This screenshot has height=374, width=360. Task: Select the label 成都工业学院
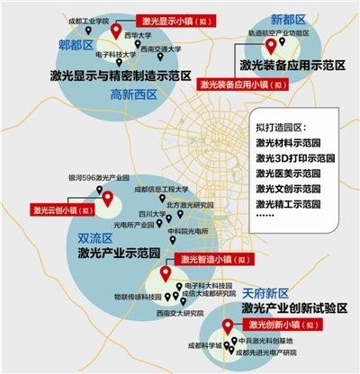(x=88, y=18)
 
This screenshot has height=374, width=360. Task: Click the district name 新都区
(x=288, y=20)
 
